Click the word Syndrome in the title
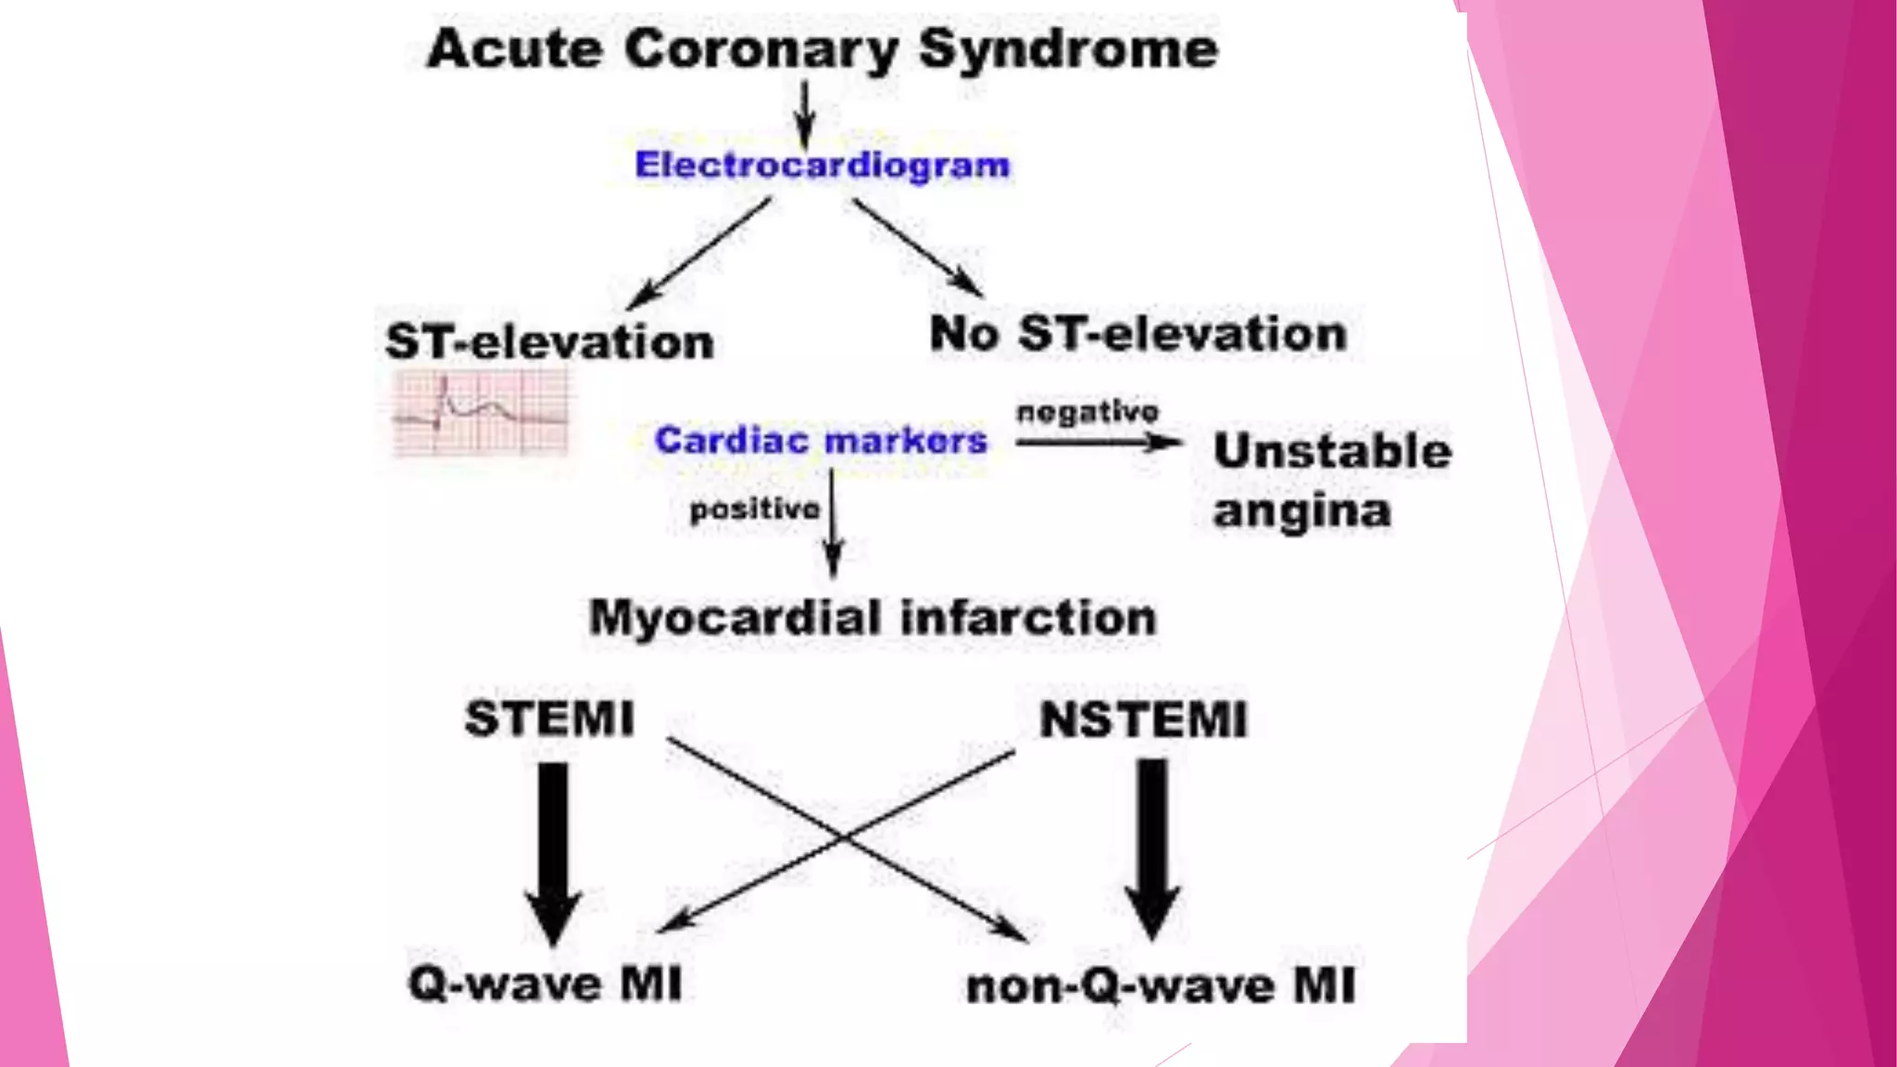1068,49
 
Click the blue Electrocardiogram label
823,165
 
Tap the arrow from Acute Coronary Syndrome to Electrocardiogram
805,113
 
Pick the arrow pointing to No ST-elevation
917,247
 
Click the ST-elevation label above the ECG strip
549,342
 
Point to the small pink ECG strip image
481,412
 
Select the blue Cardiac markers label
821,440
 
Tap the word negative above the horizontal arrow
1087,411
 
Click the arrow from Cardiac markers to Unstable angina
1098,443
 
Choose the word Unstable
1332,451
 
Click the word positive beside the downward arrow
755,508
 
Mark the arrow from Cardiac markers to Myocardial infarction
833,523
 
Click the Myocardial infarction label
873,618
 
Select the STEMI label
550,719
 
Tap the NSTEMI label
1144,721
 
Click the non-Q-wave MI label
1161,986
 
